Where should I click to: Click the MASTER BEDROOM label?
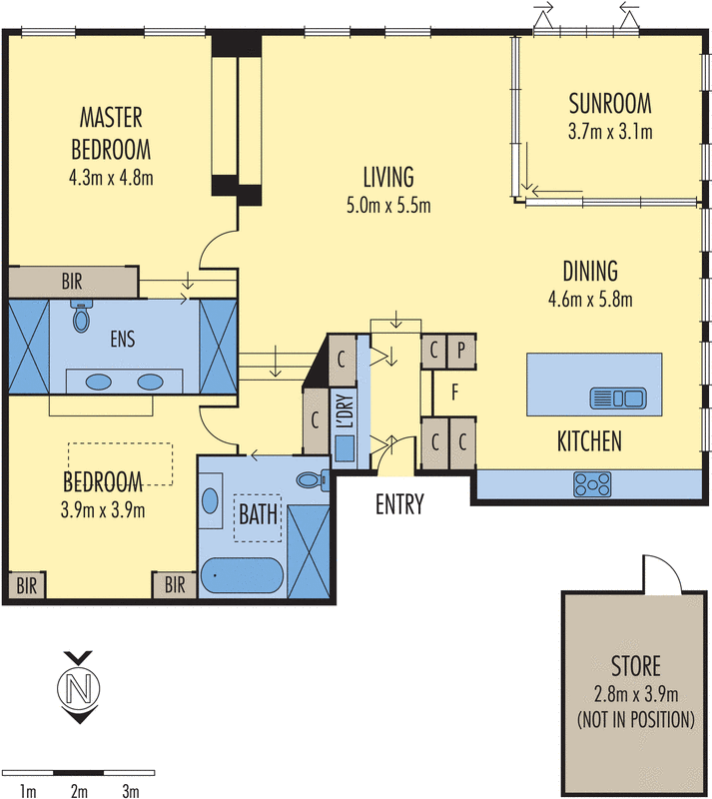111,134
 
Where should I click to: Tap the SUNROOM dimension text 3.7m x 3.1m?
609,131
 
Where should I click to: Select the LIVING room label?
387,179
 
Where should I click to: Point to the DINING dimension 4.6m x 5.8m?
589,298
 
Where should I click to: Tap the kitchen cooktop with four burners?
592,484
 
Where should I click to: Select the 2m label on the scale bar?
79,791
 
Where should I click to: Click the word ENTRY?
399,505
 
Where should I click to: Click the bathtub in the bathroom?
244,576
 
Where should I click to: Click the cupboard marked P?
461,351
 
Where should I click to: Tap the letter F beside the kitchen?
454,393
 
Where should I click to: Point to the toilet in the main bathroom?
315,479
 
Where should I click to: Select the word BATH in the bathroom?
258,516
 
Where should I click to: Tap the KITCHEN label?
589,440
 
